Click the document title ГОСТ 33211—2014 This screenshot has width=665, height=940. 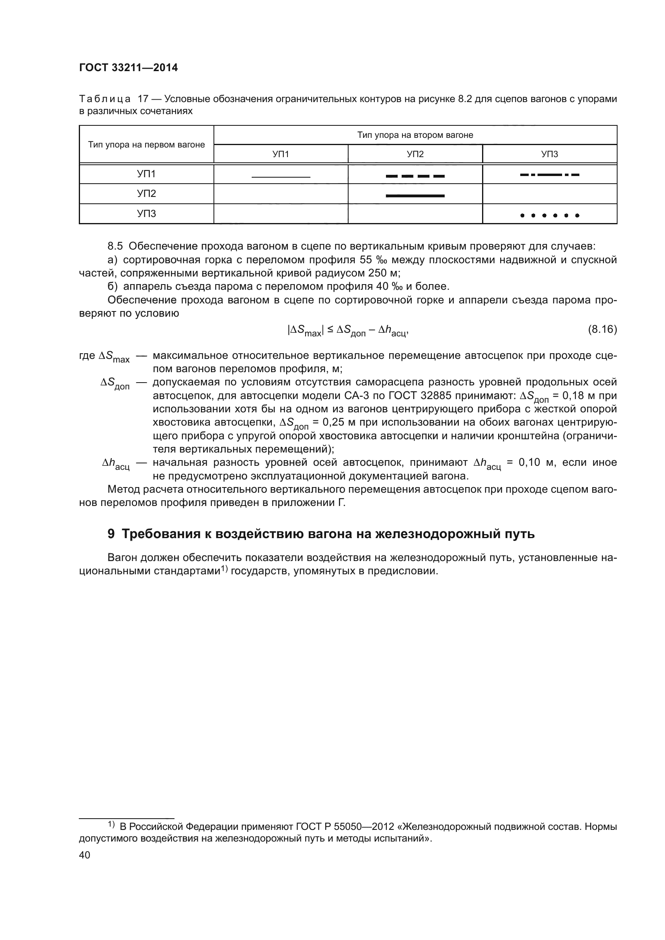[x=128, y=68]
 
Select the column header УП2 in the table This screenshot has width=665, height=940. [x=415, y=154]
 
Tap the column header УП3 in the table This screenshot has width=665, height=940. [x=550, y=154]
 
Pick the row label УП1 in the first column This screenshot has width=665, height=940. [x=146, y=174]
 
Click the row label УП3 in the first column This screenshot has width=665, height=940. [x=146, y=214]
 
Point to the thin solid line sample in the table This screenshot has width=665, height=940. [x=281, y=177]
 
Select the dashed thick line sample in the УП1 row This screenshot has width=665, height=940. [x=415, y=176]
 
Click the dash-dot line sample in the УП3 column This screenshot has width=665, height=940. [x=550, y=175]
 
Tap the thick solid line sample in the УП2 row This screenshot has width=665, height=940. [x=415, y=196]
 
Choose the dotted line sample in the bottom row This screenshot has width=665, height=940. [x=550, y=215]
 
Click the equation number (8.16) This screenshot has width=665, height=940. [x=602, y=329]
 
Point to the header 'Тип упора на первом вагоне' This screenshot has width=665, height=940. [x=146, y=145]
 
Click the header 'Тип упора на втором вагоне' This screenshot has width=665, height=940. [x=415, y=135]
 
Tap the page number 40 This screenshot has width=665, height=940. [x=84, y=855]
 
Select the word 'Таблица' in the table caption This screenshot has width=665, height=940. [x=105, y=99]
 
